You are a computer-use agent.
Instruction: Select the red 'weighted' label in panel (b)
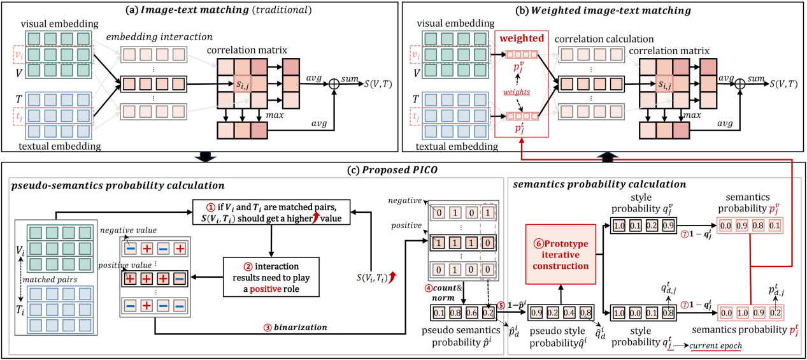click(521, 39)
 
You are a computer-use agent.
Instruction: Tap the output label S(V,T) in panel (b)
click(785, 83)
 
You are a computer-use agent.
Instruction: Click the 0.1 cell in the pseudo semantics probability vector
click(438, 313)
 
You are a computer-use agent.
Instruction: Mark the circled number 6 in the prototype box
click(532, 243)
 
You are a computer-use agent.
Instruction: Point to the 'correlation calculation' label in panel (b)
click(595, 39)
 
